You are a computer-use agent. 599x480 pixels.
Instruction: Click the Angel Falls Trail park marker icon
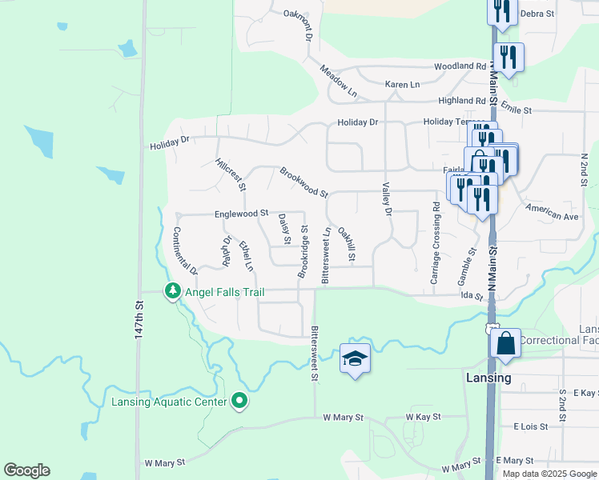(172, 291)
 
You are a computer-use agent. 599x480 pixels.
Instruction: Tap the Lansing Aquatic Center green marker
(239, 401)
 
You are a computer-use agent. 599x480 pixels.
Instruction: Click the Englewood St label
(241, 214)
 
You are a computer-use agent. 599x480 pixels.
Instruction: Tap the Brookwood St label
(304, 182)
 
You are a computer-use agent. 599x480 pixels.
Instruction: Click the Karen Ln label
(402, 84)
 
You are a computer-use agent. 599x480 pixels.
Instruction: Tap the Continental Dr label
(185, 251)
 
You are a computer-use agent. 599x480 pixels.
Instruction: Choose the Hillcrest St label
(231, 174)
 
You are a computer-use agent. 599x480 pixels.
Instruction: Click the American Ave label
(552, 213)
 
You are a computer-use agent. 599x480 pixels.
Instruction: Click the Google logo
(26, 470)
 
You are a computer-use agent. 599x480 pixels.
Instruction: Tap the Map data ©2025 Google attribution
(549, 474)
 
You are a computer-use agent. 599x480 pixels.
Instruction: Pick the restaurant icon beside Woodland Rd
(509, 57)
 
